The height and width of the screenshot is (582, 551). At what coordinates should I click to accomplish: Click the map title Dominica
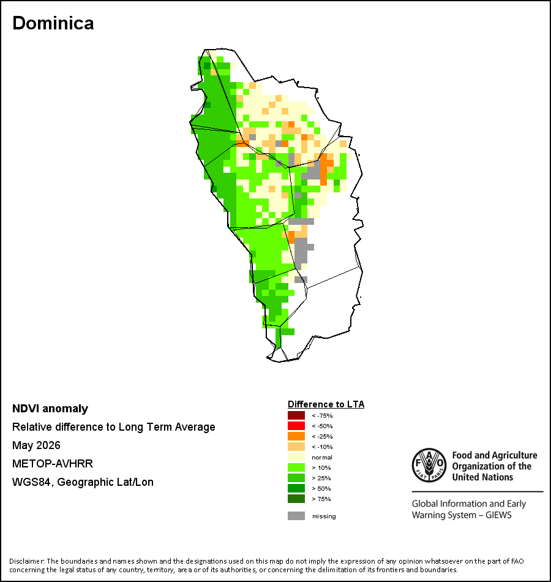[53, 23]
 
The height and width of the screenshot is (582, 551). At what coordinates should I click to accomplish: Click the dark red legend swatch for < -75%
[296, 415]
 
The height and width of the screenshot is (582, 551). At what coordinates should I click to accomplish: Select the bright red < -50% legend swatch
[296, 426]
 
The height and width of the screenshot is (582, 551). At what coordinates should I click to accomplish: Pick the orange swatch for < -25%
[296, 436]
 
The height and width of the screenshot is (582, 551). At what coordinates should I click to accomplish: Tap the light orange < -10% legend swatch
[296, 447]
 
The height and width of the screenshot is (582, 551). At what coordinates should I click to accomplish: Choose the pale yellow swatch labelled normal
[296, 457]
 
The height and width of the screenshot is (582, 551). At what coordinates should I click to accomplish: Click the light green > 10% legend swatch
[296, 467]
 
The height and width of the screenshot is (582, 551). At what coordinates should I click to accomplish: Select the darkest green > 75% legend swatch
[296, 499]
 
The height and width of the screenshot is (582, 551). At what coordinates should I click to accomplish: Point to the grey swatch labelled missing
[296, 516]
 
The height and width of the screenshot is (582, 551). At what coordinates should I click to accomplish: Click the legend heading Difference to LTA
[326, 404]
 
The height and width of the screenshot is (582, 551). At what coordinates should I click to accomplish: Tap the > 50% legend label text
[321, 488]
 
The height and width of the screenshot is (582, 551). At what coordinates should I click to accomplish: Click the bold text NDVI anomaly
[50, 409]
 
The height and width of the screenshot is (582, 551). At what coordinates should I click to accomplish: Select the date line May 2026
[36, 445]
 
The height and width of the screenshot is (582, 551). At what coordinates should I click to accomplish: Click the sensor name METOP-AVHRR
[53, 464]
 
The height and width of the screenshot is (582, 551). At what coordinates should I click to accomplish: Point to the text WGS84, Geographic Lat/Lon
[83, 482]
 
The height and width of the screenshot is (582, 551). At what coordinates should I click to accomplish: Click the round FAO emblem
[429, 465]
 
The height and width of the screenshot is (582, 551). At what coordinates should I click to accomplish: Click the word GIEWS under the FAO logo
[498, 515]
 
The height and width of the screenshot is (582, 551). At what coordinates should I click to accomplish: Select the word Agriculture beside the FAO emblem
[514, 455]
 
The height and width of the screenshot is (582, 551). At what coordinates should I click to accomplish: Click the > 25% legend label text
[321, 478]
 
